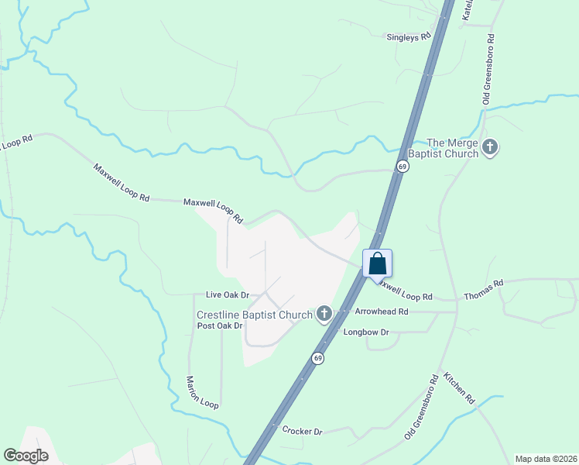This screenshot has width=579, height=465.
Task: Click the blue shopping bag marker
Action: [x=377, y=263]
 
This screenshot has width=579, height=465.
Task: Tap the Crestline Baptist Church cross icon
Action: [x=324, y=314]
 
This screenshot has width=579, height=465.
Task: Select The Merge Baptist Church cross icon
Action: [x=490, y=146]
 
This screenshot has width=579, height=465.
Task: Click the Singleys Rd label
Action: [x=409, y=36]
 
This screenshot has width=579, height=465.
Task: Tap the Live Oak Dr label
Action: [x=228, y=295]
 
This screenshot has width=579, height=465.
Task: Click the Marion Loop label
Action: [x=202, y=392]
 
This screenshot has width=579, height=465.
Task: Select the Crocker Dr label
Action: [x=302, y=431]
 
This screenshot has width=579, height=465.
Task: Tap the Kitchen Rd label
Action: [x=458, y=388]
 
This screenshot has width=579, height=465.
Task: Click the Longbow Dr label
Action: [x=365, y=332]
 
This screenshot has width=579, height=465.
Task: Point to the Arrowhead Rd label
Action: [x=381, y=312]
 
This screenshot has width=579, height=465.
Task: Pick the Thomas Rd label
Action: [x=483, y=290]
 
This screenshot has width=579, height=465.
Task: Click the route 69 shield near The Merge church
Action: [x=402, y=167]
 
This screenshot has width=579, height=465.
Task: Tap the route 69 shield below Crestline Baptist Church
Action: [x=317, y=358]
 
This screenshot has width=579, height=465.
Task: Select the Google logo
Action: [x=26, y=456]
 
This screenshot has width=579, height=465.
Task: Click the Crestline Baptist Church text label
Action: [x=254, y=314]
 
